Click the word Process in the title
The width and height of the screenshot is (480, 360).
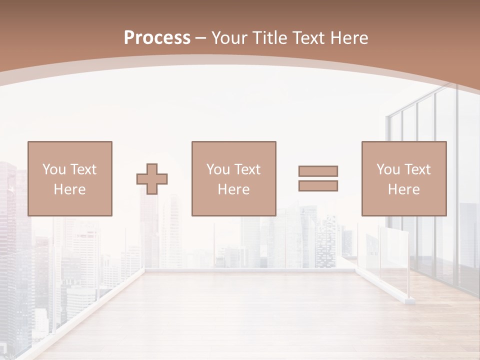click(157, 38)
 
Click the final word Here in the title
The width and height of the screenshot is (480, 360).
click(349, 38)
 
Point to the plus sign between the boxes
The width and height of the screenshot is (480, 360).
click(152, 179)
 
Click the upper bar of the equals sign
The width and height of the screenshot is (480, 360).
click(318, 171)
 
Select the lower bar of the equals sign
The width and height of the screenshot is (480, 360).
click(318, 185)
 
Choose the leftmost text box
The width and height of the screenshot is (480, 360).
click(70, 178)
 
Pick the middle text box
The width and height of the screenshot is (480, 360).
click(234, 178)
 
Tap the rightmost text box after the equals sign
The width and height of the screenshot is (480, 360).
click(404, 178)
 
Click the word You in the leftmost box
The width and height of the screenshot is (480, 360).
click(54, 169)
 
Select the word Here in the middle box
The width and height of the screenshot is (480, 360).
click(234, 189)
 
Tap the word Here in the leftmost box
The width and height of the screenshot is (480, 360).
click(70, 189)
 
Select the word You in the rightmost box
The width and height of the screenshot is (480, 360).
click(388, 169)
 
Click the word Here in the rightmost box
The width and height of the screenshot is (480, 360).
click(404, 189)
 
